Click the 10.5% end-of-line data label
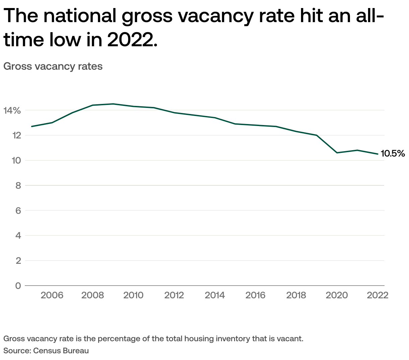pos(393,154)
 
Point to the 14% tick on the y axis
pos(12,110)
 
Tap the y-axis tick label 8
pos(18,185)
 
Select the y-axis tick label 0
pos(18,286)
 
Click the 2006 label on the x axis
pos(52,295)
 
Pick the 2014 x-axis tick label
pos(215,295)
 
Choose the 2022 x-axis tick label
pos(377,295)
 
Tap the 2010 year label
pos(133,295)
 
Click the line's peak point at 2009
pos(113,104)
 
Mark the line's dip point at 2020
pos(337,153)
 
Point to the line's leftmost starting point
pos(32,126)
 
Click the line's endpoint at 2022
pos(378,154)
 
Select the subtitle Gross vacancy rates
pos(53,66)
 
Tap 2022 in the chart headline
pos(132,40)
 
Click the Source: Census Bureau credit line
pos(46,351)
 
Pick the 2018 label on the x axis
pos(296,295)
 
